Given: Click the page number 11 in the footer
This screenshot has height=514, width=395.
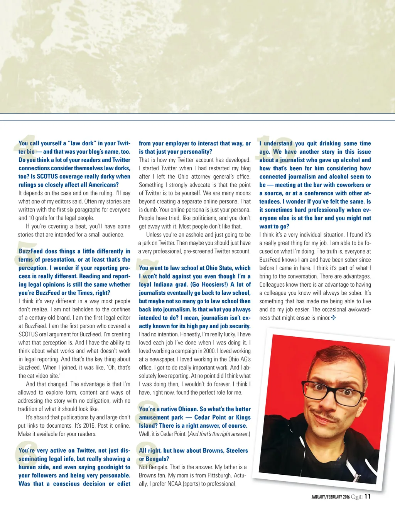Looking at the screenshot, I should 367,496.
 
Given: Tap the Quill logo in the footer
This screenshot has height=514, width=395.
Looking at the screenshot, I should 357,497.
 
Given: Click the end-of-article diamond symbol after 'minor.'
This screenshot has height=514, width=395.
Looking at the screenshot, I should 334,317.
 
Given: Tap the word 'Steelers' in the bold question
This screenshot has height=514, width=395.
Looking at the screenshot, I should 237,450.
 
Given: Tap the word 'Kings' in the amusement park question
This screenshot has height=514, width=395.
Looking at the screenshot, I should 243,417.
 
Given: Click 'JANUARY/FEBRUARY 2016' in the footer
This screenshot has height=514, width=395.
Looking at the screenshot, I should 330,497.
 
